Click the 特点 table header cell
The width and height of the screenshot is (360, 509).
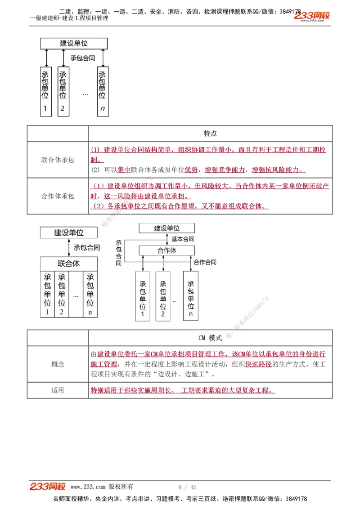pos(210,134)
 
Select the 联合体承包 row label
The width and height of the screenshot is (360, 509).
pos(58,160)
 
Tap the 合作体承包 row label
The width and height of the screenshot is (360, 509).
pos(58,196)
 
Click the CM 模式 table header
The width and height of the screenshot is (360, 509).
pos(210,338)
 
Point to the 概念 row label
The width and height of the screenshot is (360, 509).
pos(58,364)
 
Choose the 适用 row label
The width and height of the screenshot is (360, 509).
pos(58,390)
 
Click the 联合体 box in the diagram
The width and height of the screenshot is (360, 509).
pos(69,263)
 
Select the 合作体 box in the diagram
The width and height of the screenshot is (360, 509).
pos(166,250)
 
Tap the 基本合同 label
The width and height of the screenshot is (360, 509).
pos(183,239)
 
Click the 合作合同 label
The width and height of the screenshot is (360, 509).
pos(205,262)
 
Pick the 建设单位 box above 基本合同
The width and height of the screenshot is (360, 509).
pos(166,228)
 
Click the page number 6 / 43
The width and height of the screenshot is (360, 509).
pos(187,487)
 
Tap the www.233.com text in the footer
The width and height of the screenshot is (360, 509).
pos(88,487)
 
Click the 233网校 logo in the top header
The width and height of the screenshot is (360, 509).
pos(312,16)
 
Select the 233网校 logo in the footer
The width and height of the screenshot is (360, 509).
pos(48,487)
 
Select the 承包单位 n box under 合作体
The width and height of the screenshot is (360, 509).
pos(191,296)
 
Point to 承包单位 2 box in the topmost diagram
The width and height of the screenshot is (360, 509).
pos(63,91)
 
